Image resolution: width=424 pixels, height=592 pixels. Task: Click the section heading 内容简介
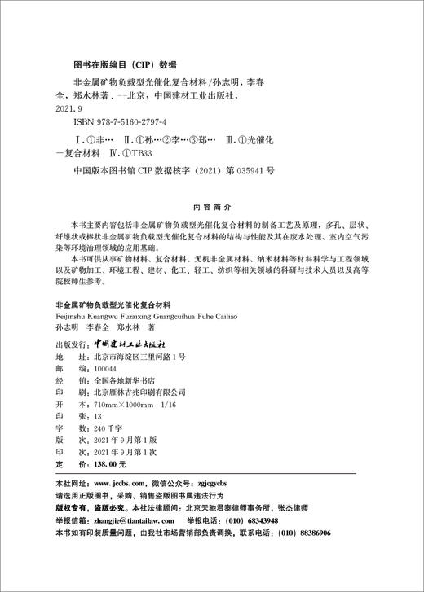click(x=212, y=206)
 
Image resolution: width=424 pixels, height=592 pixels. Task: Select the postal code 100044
click(x=94, y=368)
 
